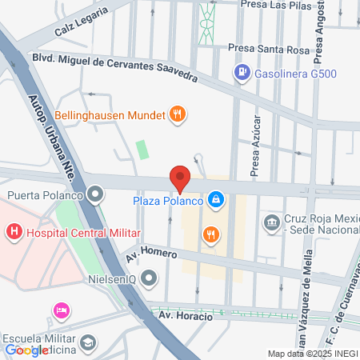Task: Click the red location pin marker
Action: click(179, 178)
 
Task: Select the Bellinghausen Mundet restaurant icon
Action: click(178, 115)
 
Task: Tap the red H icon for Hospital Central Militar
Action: click(14, 233)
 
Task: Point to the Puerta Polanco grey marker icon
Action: click(96, 194)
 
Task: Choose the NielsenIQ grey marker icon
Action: click(149, 278)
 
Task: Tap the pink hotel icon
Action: click(59, 310)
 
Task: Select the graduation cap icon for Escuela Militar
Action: click(88, 342)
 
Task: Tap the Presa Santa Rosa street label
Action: click(268, 50)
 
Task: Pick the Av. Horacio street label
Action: click(186, 316)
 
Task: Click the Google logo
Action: click(26, 350)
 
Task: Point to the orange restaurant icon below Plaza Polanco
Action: click(210, 234)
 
